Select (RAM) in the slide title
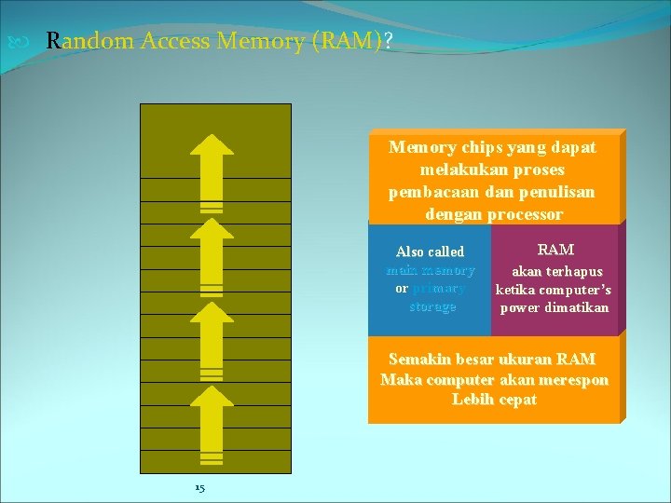(x=344, y=41)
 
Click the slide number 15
(x=199, y=488)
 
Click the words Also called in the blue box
(x=430, y=251)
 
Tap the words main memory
(x=430, y=270)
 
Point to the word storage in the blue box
(x=432, y=306)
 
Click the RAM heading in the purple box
(x=555, y=250)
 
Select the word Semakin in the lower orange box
(x=419, y=360)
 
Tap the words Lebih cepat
(x=494, y=400)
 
